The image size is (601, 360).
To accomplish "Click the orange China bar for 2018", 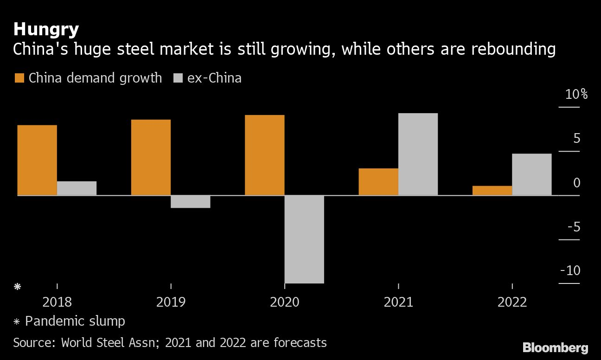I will pyautogui.click(x=37, y=160).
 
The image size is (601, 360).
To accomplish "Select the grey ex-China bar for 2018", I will pyautogui.click(x=77, y=188).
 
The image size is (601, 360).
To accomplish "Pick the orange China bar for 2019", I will pyautogui.click(x=151, y=157).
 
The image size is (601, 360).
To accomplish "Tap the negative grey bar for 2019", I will pyautogui.click(x=191, y=202).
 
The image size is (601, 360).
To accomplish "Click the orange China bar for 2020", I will pyautogui.click(x=264, y=155).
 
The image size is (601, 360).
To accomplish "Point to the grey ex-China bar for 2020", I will pyautogui.click(x=304, y=239).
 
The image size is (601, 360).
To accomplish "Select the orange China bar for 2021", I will pyautogui.click(x=378, y=181).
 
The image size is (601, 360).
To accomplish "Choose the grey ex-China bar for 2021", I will pyautogui.click(x=418, y=154).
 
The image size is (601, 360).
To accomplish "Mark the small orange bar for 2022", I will pyautogui.click(x=492, y=190).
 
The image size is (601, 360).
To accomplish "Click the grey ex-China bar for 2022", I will pyautogui.click(x=532, y=174).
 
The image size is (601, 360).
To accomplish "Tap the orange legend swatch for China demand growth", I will pyautogui.click(x=19, y=78).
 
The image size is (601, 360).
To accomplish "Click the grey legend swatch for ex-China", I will pyautogui.click(x=178, y=78).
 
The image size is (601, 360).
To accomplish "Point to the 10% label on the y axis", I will pyautogui.click(x=576, y=95).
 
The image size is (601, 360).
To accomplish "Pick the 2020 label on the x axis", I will pyautogui.click(x=285, y=302).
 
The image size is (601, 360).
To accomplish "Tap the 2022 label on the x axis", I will pyautogui.click(x=512, y=302).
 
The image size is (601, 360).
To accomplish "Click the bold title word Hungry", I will pyautogui.click(x=46, y=30).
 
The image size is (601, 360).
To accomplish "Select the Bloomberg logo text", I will pyautogui.click(x=555, y=347).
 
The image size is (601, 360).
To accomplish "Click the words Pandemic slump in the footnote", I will pyautogui.click(x=75, y=321).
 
